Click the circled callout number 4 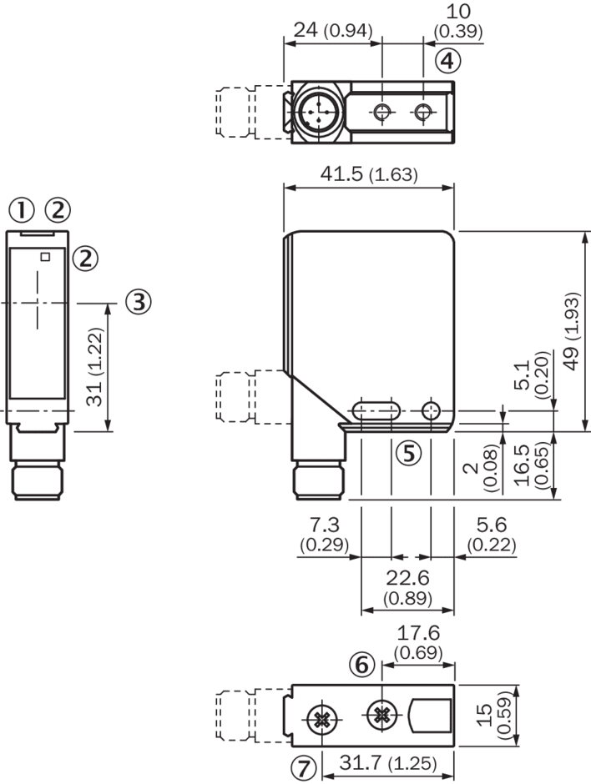(447, 61)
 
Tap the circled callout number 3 (139, 301)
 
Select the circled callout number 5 (408, 453)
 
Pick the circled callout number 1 (22, 210)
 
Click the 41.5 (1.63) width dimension (368, 175)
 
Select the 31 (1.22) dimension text (96, 367)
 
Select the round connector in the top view (318, 111)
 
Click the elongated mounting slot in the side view (373, 410)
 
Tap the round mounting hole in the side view (431, 410)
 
